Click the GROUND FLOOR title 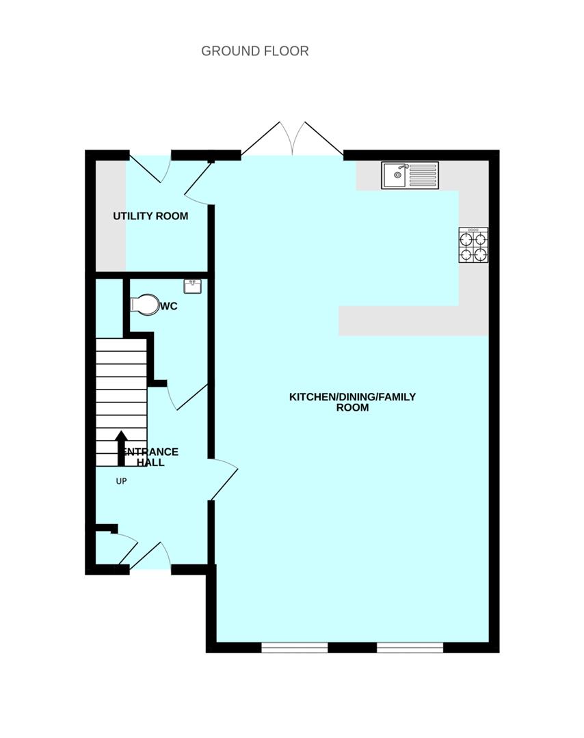[x=254, y=51]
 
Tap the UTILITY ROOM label [x=150, y=217]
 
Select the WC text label [x=168, y=307]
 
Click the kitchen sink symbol [x=410, y=174]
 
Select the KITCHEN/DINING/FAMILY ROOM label [x=352, y=402]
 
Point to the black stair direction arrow [x=121, y=448]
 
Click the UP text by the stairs [x=121, y=481]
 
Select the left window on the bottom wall [x=295, y=646]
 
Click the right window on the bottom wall [x=410, y=646]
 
